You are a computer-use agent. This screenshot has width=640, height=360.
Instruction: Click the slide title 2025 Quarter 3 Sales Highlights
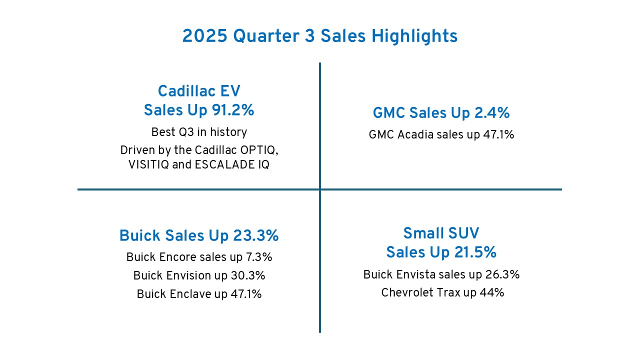pyautogui.click(x=320, y=36)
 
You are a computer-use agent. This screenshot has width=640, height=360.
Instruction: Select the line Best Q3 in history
pyautogui.click(x=199, y=132)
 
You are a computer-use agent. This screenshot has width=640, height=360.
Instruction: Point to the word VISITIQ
pyautogui.click(x=148, y=165)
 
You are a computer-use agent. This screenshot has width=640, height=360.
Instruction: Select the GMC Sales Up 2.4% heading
pyautogui.click(x=441, y=113)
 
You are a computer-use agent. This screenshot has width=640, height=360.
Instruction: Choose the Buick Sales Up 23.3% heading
pyautogui.click(x=199, y=235)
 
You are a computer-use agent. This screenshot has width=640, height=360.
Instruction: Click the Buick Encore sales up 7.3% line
pyautogui.click(x=199, y=257)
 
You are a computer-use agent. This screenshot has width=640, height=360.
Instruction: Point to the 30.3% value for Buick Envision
pyautogui.click(x=248, y=275)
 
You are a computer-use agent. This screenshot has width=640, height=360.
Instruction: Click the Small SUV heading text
pyautogui.click(x=441, y=233)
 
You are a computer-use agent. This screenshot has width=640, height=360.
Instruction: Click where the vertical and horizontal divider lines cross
pyautogui.click(x=320, y=189)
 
